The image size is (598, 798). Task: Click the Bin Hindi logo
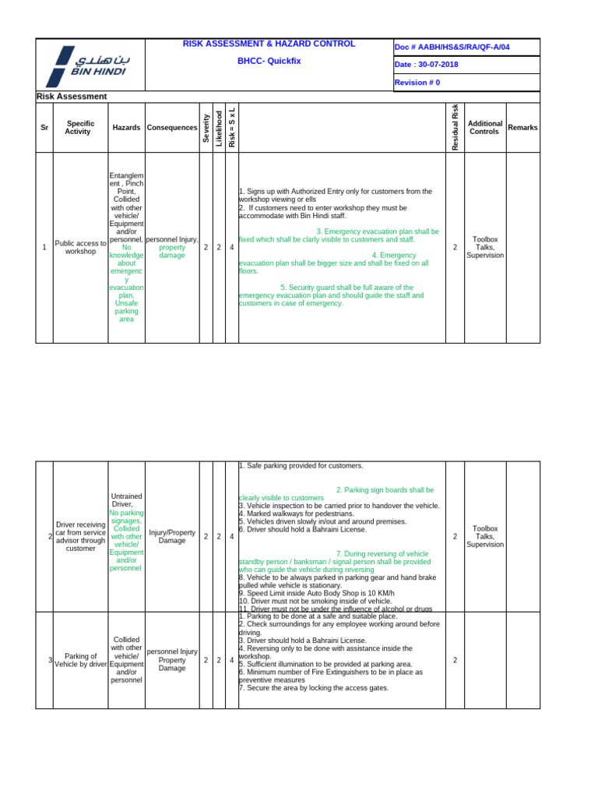(86, 65)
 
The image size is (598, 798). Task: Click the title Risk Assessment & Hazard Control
(269, 44)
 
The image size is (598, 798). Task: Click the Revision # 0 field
(417, 83)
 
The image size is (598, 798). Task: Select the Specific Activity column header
(80, 127)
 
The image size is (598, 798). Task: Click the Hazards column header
(126, 127)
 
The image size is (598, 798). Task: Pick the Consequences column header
(172, 127)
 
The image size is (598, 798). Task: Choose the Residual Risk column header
(456, 127)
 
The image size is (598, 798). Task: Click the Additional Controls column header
(485, 127)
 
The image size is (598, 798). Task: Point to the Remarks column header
(522, 127)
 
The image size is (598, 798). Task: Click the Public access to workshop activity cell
(80, 247)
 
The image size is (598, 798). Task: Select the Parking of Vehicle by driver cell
(81, 660)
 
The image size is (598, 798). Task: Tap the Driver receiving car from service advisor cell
(80, 536)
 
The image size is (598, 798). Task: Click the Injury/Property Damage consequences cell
(172, 536)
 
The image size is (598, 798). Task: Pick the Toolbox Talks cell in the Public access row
(485, 247)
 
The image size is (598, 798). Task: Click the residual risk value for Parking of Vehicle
(456, 660)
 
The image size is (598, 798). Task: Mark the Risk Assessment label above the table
(72, 97)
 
